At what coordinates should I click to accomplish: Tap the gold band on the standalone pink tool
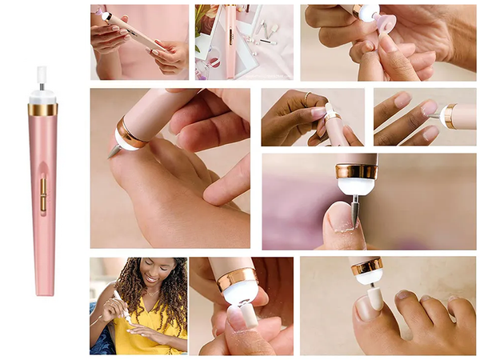tap(43, 109)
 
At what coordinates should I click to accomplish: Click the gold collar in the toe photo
tap(368, 266)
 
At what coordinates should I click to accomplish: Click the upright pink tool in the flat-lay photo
tap(230, 40)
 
